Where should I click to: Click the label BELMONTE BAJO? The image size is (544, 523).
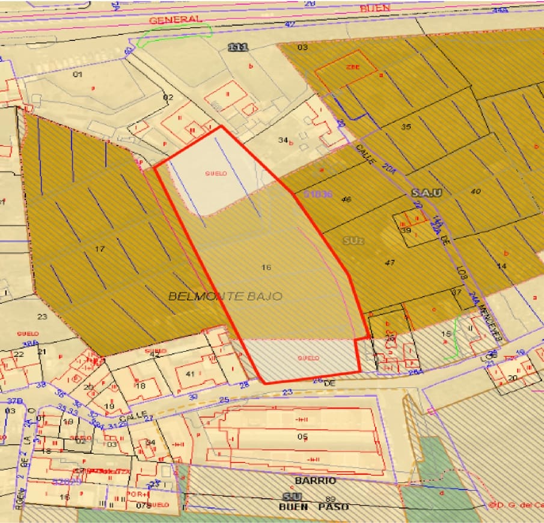225,296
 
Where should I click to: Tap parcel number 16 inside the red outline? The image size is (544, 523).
267,267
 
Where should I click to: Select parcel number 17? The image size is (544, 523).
100,249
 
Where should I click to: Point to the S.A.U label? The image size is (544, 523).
427,193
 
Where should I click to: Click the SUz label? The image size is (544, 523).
352,240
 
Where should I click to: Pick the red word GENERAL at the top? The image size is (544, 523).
174,20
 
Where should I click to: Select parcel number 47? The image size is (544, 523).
390,263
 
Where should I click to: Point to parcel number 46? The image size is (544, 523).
346,199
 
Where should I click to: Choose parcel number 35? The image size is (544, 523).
406,126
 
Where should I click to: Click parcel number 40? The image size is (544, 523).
477,192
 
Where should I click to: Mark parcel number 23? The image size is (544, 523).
42,316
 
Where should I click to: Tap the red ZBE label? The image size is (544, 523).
352,67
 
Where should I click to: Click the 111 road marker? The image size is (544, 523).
238,47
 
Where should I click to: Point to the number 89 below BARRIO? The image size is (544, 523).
329,499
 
